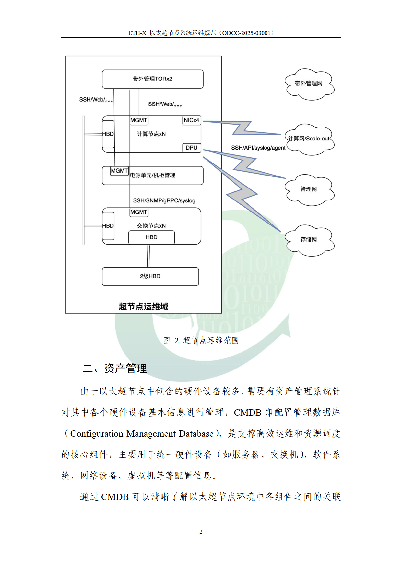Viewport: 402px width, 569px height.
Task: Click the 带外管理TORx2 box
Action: [x=152, y=79]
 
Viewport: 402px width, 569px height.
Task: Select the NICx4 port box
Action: [x=191, y=120]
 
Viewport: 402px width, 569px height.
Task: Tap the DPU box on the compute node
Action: [x=191, y=148]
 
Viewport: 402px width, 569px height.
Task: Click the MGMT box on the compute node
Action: [x=139, y=120]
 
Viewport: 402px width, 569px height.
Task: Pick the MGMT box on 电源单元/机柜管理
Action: [x=119, y=171]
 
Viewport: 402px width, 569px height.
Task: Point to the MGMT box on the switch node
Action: [x=139, y=212]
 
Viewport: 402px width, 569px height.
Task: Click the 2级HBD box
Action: [x=150, y=276]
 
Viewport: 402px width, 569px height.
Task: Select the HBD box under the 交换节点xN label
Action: [x=151, y=237]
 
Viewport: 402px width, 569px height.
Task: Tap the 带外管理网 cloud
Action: [x=309, y=84]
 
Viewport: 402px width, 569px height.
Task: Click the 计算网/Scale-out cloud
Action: [x=309, y=139]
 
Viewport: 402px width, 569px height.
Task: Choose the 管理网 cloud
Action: [x=309, y=189]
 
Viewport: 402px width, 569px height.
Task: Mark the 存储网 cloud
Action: [x=309, y=240]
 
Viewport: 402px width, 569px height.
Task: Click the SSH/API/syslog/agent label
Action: [x=258, y=148]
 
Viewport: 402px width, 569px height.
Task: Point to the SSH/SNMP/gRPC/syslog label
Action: [x=164, y=200]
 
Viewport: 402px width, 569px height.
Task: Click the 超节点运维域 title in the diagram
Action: [x=143, y=307]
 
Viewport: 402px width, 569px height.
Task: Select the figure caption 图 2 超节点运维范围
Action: [x=201, y=340]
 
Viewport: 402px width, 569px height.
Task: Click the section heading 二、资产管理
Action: [x=115, y=369]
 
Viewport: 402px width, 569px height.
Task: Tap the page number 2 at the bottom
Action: [x=201, y=532]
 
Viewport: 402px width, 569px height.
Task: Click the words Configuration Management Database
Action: [x=142, y=434]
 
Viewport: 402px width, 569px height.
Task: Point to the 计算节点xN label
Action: [x=151, y=134]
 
